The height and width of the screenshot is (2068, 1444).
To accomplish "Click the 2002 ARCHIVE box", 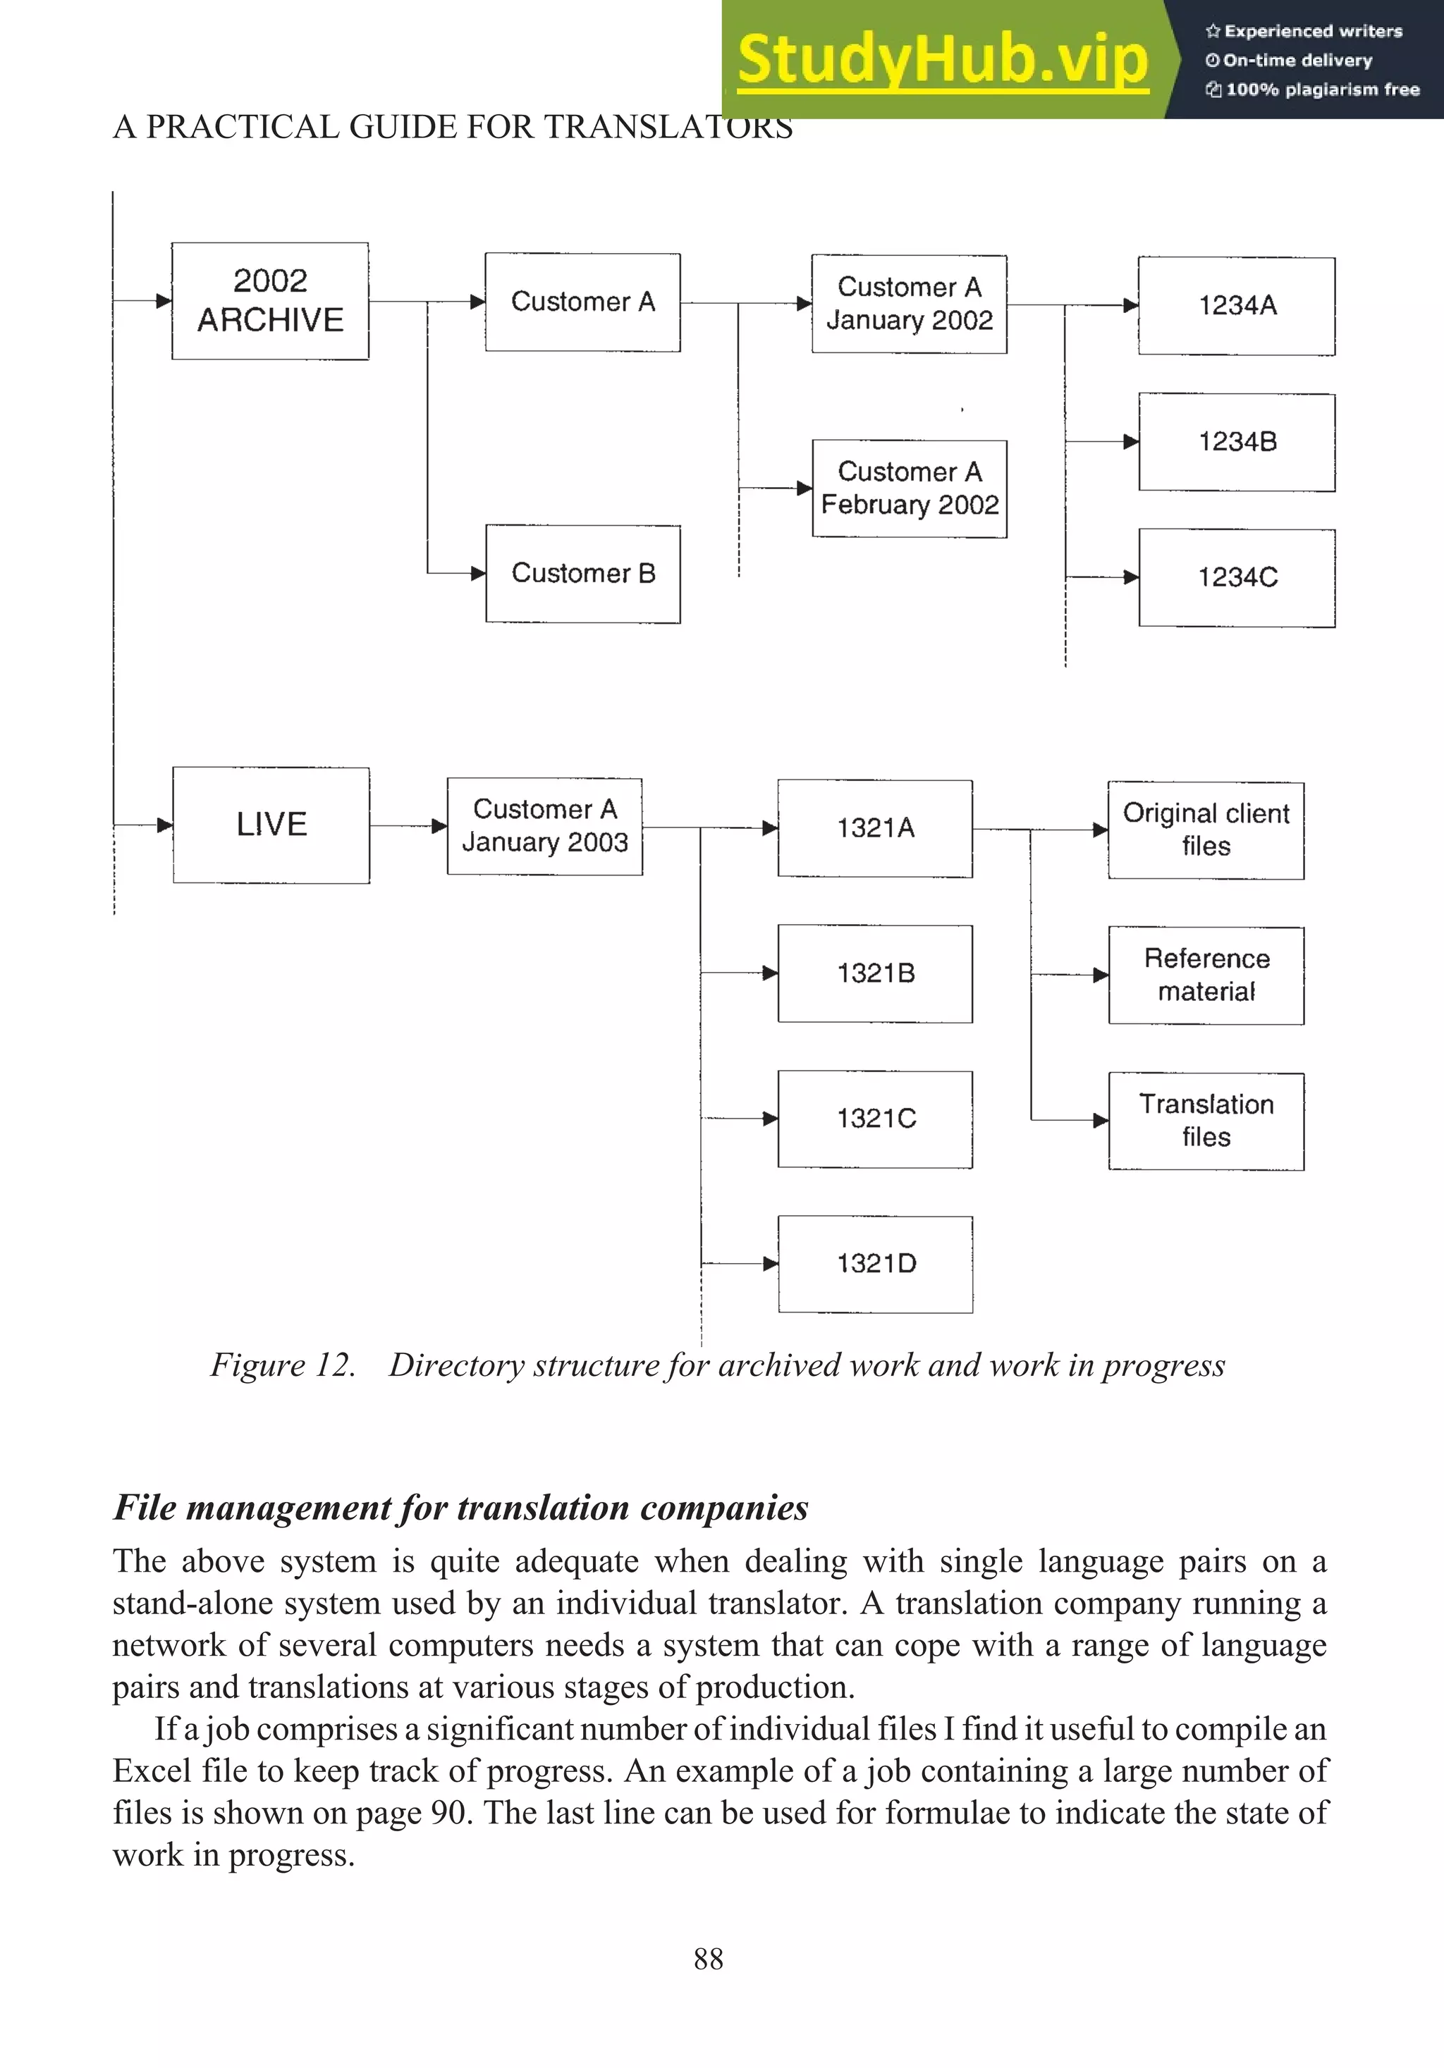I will (x=270, y=301).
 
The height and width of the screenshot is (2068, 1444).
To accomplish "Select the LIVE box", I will (x=271, y=825).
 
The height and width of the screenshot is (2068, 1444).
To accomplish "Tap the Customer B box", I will (x=583, y=574).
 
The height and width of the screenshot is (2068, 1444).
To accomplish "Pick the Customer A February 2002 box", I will (x=910, y=489).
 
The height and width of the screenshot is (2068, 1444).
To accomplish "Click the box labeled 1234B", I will (x=1237, y=442).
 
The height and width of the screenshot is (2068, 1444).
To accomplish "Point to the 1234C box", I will (x=1237, y=578).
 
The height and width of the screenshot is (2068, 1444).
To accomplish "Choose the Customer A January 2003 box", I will (x=545, y=826).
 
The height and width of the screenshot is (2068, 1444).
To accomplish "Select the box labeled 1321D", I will (x=876, y=1264).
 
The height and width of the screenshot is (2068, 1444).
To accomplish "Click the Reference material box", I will (x=1206, y=975).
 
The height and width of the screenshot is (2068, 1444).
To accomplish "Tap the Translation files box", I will (x=1206, y=1121).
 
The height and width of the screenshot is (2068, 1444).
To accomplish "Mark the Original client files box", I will (x=1206, y=830).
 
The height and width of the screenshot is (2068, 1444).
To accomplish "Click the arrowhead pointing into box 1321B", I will (x=770, y=973).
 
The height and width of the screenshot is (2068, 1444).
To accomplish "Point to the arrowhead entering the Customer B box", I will (x=478, y=574).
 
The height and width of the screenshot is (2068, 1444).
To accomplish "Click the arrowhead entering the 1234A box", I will (x=1130, y=305).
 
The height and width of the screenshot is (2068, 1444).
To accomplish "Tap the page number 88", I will (x=708, y=1959).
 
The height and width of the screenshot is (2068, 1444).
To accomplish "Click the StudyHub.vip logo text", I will (x=942, y=59).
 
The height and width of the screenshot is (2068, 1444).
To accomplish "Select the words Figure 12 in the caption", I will (x=282, y=1365).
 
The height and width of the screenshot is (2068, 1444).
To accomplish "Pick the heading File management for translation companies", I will (x=460, y=1508).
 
